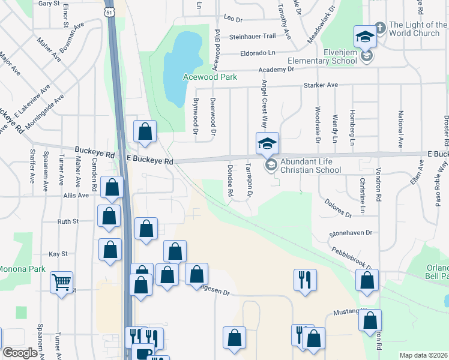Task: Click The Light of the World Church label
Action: (418, 29)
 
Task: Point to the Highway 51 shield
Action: (108, 11)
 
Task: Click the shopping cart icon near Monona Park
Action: (62, 281)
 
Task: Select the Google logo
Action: (19, 352)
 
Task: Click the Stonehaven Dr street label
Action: (351, 232)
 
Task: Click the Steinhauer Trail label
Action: (252, 36)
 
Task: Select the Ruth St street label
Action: (68, 221)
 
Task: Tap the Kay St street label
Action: (58, 254)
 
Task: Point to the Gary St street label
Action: (49, 3)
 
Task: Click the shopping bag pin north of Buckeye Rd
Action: (145, 131)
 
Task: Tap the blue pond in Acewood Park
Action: (184, 63)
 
